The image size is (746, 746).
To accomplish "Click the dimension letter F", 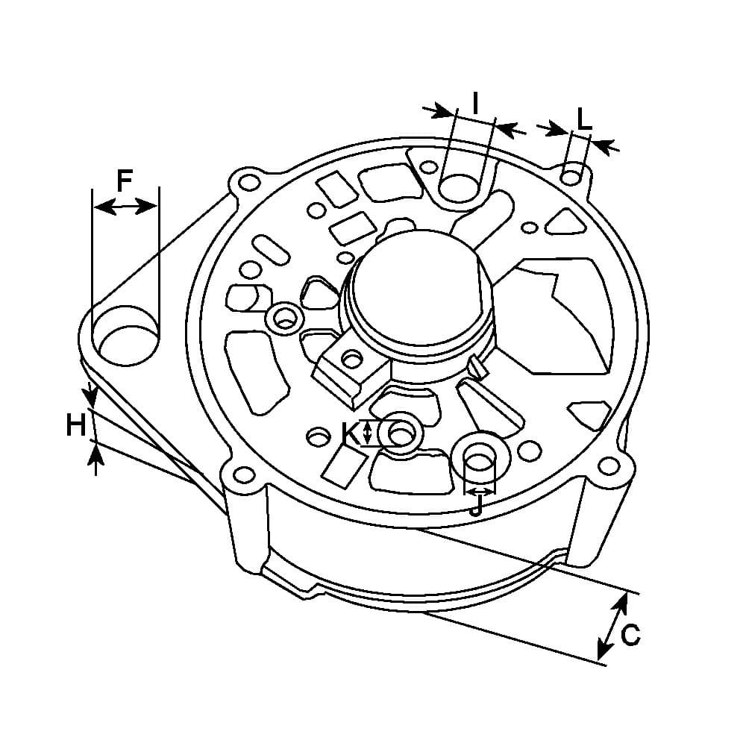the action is [125, 181].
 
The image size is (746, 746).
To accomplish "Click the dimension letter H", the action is [75, 425].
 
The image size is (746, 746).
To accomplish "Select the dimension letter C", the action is [630, 635].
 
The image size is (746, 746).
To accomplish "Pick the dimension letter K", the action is [351, 433].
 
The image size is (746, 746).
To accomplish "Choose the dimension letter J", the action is [476, 506].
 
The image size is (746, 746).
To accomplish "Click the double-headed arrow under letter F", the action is [125, 207].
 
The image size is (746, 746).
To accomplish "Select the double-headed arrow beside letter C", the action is [612, 626].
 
